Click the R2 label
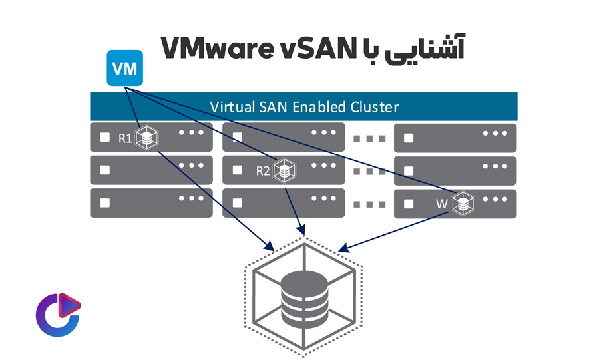[264, 171]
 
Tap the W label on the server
[441, 204]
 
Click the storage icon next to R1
[146, 138]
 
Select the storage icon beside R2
[285, 171]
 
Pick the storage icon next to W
[462, 204]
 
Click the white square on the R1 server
[104, 138]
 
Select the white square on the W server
[409, 204]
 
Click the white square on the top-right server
[409, 138]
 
